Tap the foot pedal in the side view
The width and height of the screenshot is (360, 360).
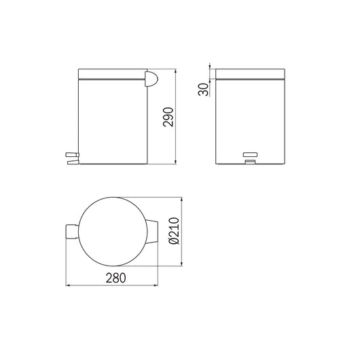(x=71, y=158)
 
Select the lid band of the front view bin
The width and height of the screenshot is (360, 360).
(x=252, y=73)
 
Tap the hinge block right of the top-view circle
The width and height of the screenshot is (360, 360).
(x=153, y=231)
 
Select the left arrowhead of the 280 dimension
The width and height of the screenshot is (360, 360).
(x=67, y=286)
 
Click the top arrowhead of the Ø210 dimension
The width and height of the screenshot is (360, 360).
(x=182, y=199)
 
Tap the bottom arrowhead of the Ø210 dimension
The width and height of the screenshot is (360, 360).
(x=182, y=263)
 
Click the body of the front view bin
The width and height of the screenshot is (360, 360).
(x=252, y=115)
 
